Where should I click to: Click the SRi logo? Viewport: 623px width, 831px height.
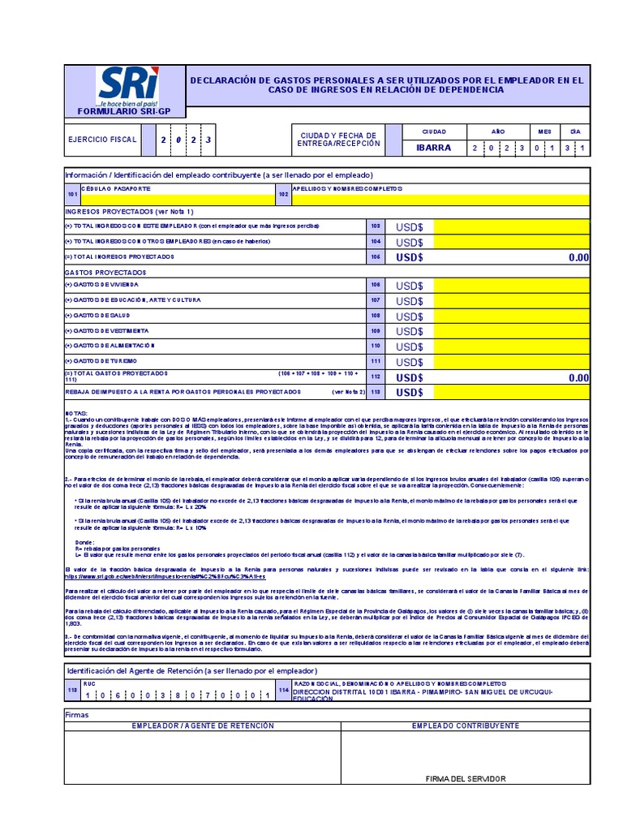129,86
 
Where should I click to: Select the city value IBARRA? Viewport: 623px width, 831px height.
435,148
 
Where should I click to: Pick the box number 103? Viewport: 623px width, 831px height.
375,226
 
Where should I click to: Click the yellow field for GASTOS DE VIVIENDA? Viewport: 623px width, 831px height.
511,286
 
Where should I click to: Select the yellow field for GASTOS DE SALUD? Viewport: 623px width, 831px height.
511,316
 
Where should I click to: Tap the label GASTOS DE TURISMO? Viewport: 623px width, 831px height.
101,360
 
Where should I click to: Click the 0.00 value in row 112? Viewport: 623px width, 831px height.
578,377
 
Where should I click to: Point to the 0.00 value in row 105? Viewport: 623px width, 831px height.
578,257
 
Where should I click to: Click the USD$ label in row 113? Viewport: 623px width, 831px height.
410,393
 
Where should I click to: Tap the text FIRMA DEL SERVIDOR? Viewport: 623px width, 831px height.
466,778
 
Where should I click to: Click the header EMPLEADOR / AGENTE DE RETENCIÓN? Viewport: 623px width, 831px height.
203,726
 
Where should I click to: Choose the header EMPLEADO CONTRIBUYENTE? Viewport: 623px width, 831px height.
466,726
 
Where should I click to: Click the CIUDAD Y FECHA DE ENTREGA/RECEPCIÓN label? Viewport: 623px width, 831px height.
338,140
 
